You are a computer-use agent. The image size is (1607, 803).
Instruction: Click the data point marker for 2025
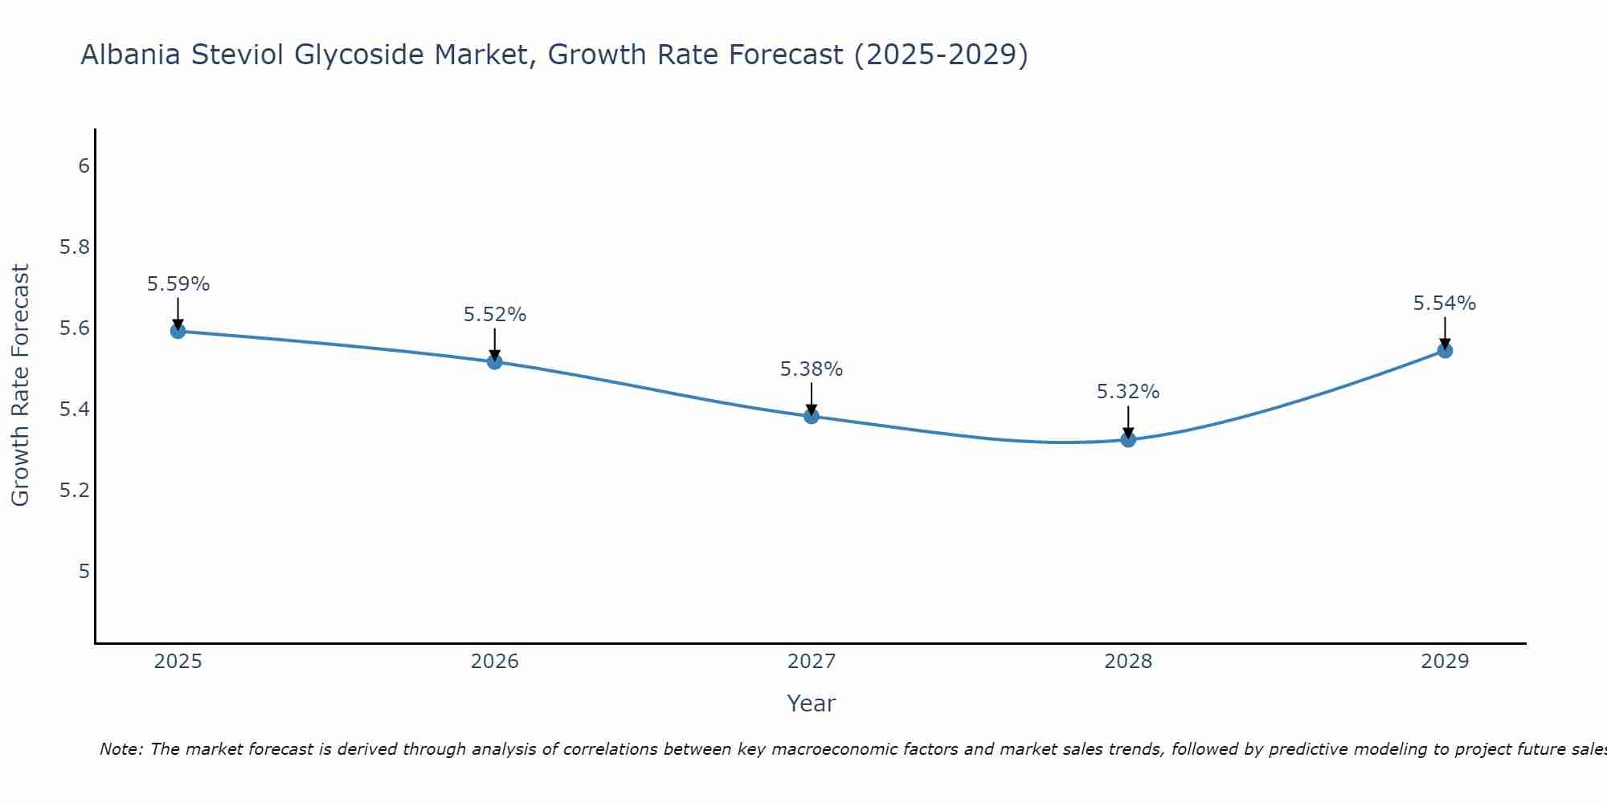tap(178, 331)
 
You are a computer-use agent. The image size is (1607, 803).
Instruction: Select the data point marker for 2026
tap(494, 361)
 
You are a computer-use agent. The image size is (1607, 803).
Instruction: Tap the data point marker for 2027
tap(812, 416)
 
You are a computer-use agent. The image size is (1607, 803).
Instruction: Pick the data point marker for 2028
tap(1128, 439)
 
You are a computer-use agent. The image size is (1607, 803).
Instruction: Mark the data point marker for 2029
tap(1445, 350)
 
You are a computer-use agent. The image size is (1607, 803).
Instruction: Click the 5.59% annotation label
tap(178, 284)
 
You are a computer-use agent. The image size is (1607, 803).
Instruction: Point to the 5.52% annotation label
tap(494, 315)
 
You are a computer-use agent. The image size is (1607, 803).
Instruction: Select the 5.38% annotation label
tap(812, 369)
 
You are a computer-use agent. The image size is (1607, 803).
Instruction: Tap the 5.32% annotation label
tap(1128, 392)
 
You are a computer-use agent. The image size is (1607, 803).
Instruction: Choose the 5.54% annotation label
tap(1445, 304)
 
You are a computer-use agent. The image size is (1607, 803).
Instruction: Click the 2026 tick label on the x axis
tap(494, 662)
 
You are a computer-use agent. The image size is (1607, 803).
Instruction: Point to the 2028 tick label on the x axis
tap(1128, 662)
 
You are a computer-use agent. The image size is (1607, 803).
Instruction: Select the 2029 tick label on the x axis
tap(1445, 662)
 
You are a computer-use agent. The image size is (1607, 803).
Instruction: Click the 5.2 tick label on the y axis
tap(75, 491)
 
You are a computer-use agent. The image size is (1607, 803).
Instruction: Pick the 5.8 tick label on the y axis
tap(75, 247)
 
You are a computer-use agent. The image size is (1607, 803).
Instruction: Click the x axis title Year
tap(812, 703)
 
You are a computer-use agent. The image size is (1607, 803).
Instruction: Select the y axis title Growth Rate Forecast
tap(20, 385)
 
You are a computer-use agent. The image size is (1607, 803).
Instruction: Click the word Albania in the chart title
tap(131, 55)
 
